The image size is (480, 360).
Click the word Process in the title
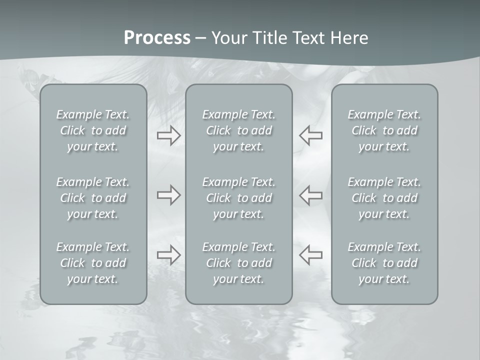click(x=157, y=38)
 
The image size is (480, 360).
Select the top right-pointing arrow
click(x=169, y=135)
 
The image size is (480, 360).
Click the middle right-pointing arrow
click(x=169, y=194)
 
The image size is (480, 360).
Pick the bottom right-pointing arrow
click(x=169, y=255)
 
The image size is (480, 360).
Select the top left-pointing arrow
click(x=310, y=135)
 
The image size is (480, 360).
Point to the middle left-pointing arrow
click(x=310, y=194)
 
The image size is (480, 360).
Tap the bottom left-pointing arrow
click(x=310, y=255)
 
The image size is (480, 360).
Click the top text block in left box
click(x=93, y=130)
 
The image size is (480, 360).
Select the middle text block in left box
click(x=93, y=198)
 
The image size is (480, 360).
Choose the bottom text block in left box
click(x=93, y=263)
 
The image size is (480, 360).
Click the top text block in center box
click(x=239, y=130)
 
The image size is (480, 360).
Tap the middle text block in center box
click(x=239, y=198)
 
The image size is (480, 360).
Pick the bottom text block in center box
click(x=239, y=263)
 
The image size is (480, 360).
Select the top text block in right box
click(x=384, y=130)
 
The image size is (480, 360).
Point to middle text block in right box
click(x=384, y=198)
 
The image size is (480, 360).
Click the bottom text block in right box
click(x=384, y=263)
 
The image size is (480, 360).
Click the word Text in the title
click(x=306, y=38)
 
